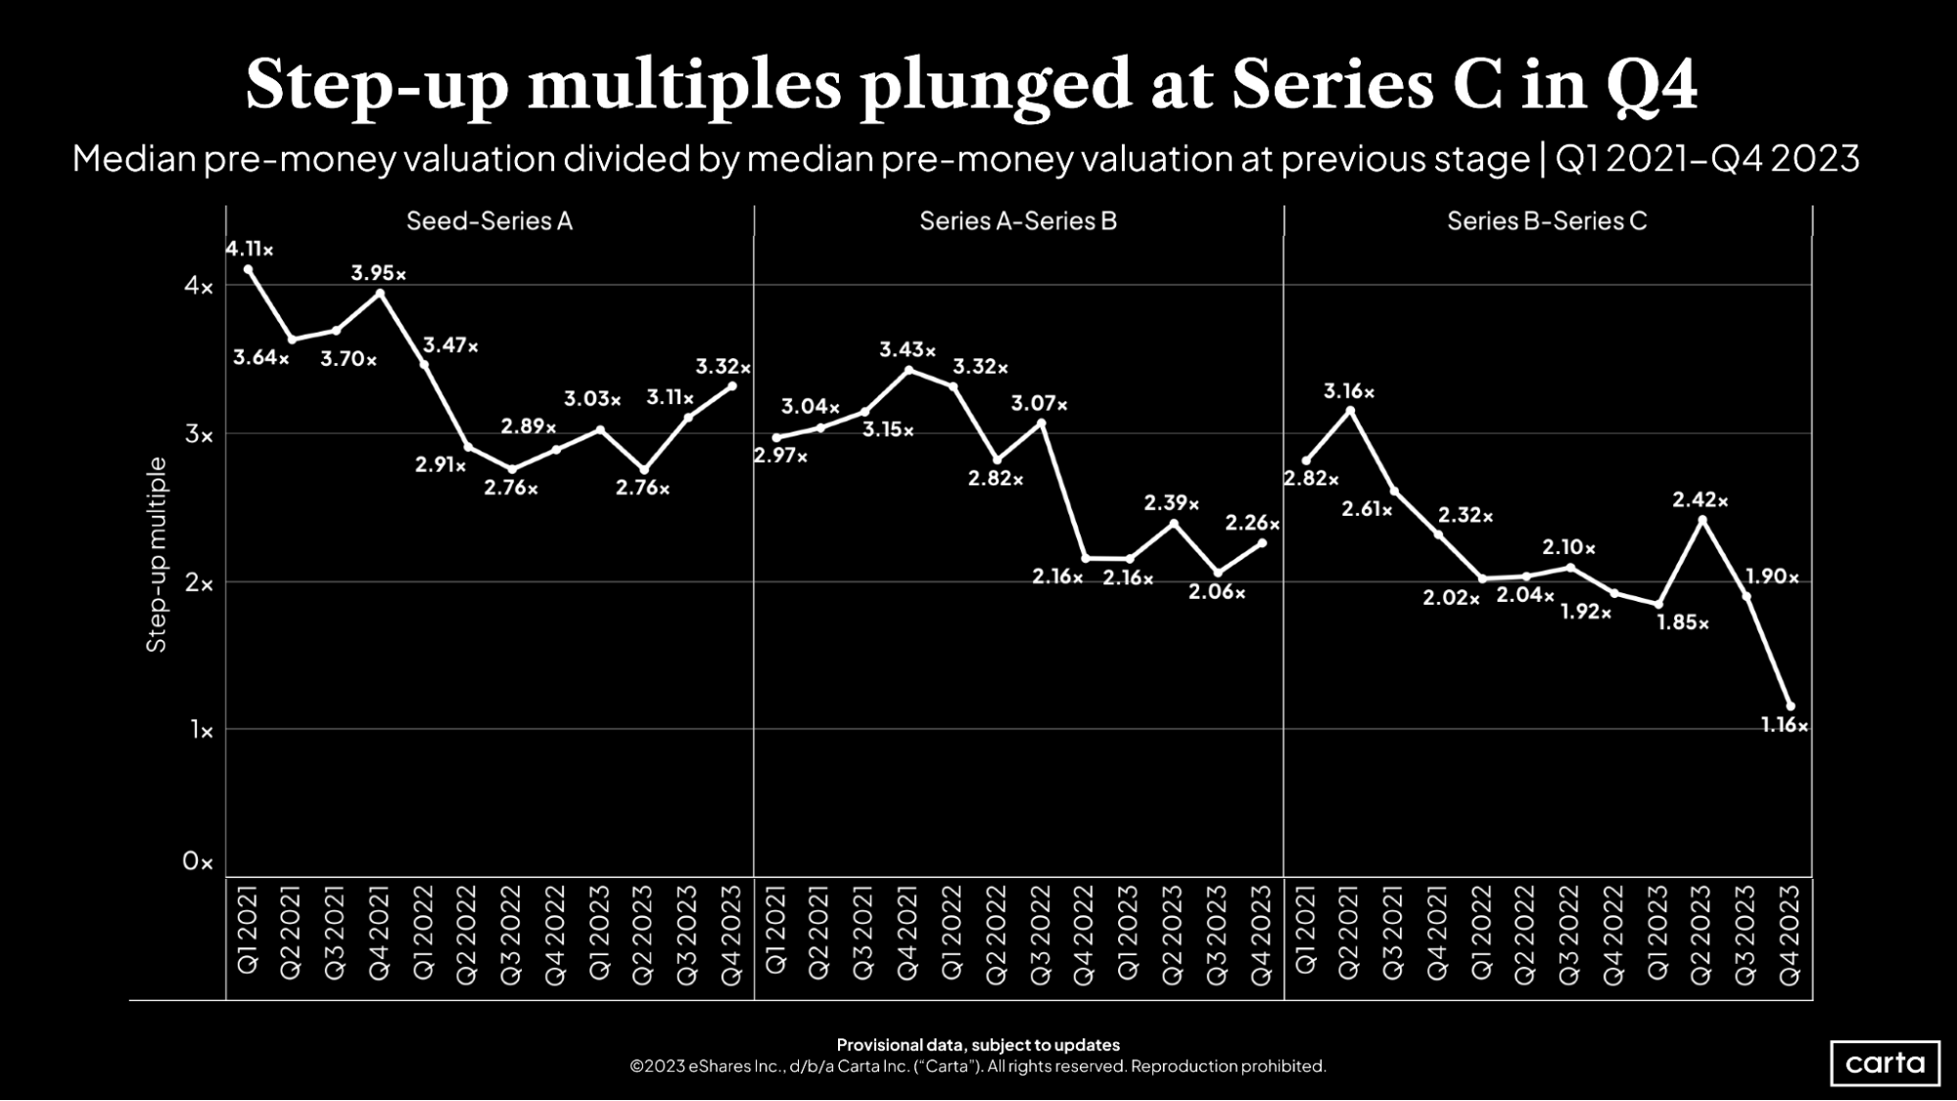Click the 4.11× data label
[x=249, y=250]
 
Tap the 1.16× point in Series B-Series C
[x=1791, y=706]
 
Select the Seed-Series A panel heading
[x=489, y=221]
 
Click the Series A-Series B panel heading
[x=1017, y=221]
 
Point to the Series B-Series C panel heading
[x=1547, y=221]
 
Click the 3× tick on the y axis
[x=199, y=435]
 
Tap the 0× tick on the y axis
[x=197, y=861]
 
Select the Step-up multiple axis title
[x=157, y=554]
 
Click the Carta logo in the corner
[x=1885, y=1063]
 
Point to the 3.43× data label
[x=907, y=349]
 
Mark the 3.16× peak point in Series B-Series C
[x=1351, y=411]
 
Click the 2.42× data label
[x=1700, y=501]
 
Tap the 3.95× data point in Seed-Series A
[x=380, y=293]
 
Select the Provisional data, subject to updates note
[x=977, y=1044]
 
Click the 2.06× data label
[x=1216, y=592]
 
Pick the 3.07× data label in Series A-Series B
[x=1039, y=403]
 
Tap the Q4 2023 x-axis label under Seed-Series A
[x=731, y=936]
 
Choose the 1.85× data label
[x=1682, y=622]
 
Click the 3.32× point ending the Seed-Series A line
[x=732, y=386]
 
